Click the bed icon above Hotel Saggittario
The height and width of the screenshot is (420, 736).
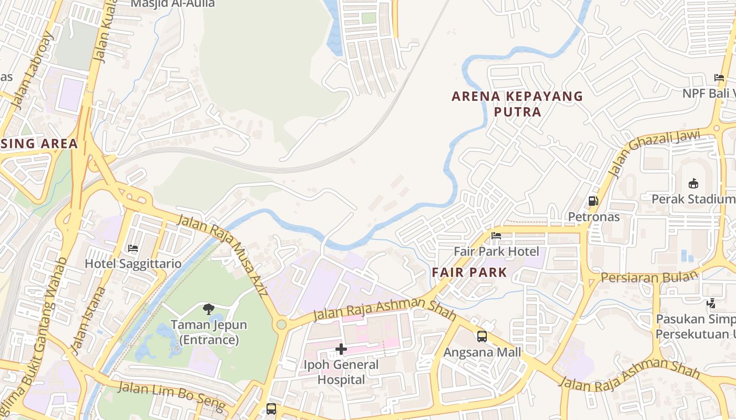133,248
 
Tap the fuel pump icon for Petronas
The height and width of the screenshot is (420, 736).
593,201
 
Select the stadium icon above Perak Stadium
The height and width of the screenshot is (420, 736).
693,183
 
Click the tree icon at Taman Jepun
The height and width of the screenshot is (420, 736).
209,309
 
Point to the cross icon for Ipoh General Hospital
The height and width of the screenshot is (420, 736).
341,349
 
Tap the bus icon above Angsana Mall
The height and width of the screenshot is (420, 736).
482,337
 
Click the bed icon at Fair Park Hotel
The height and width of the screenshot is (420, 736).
496,236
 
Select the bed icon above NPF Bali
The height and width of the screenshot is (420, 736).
719,78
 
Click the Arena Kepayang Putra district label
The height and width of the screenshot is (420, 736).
518,104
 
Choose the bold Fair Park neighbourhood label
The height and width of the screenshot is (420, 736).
469,272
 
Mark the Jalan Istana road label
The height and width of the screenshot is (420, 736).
84,321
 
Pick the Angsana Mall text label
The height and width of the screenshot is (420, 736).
482,352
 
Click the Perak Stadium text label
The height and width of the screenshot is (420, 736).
693,199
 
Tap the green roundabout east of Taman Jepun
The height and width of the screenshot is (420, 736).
282,324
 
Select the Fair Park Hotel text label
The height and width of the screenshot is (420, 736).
496,251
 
